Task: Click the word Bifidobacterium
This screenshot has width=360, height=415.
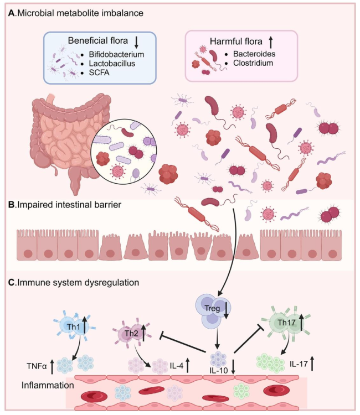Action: tap(116, 54)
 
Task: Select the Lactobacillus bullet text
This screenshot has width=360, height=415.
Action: tap(112, 64)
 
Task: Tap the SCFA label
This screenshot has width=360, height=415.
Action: tap(99, 72)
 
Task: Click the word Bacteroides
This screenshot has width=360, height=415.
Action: tap(254, 54)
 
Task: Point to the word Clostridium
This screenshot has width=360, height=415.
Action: tap(253, 63)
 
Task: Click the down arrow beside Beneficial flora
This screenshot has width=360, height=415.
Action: tap(136, 43)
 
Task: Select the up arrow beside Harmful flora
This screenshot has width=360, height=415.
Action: tap(270, 43)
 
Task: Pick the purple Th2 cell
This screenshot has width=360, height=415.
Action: tap(132, 333)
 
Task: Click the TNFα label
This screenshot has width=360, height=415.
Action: tap(37, 366)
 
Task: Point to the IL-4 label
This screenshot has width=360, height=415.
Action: tap(177, 366)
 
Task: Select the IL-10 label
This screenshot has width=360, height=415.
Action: tap(219, 371)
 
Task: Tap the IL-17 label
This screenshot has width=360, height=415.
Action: tap(299, 364)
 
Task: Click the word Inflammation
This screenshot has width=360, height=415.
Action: tap(48, 385)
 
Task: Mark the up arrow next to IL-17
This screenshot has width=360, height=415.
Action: tap(312, 364)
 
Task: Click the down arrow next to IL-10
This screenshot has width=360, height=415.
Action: tap(233, 367)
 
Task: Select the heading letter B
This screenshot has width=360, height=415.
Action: tap(12, 205)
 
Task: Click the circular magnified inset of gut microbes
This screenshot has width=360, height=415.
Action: tap(124, 152)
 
